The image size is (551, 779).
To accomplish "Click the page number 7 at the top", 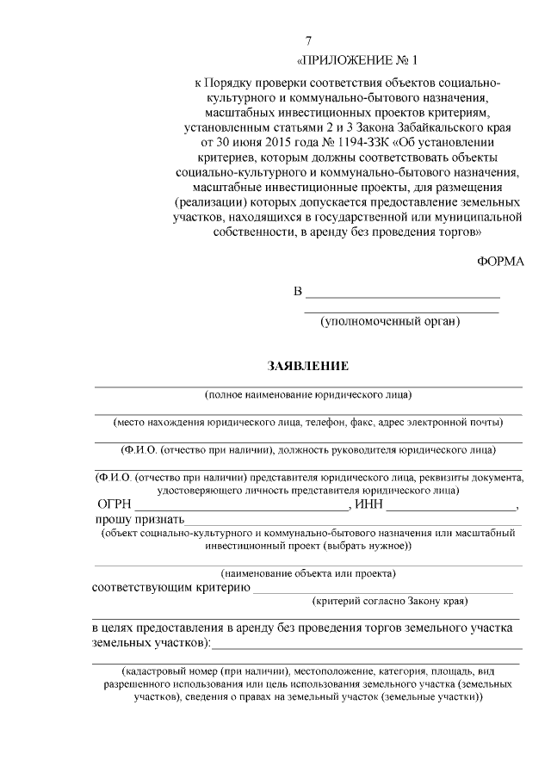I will (309, 41).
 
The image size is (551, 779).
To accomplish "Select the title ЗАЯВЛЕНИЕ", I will (307, 366).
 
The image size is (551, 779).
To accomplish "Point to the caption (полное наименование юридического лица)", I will (307, 395).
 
